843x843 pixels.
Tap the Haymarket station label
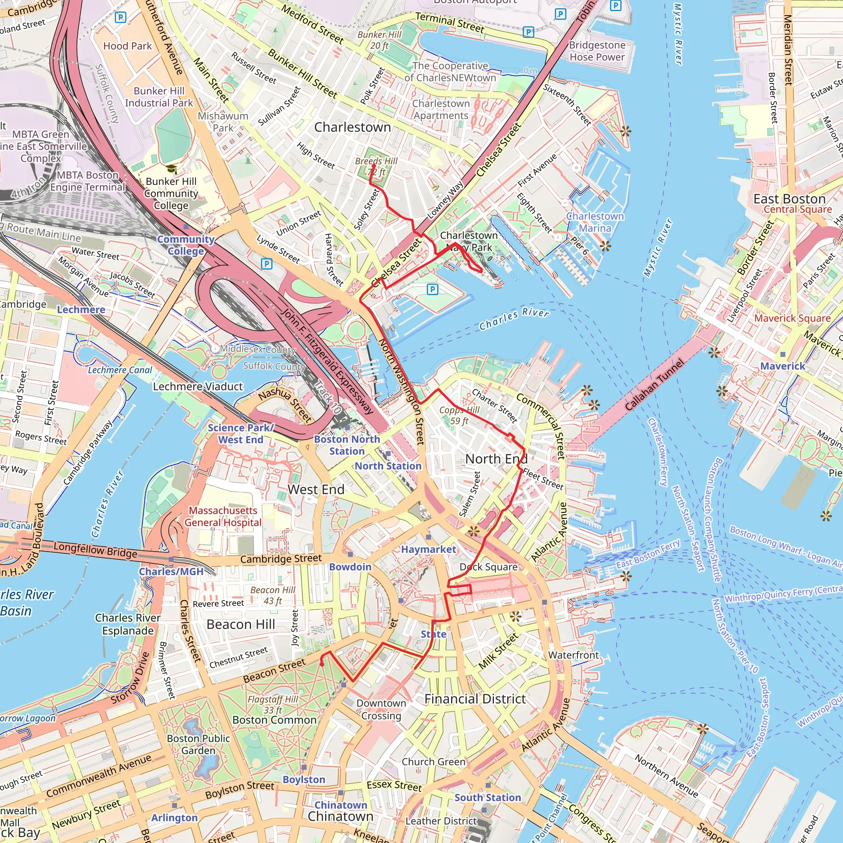[x=428, y=550]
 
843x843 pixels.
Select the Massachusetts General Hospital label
[x=223, y=516]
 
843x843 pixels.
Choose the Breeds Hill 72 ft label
[x=376, y=166]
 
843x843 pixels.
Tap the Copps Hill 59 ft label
[x=459, y=415]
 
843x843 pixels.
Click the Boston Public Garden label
[x=198, y=744]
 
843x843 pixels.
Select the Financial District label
[x=475, y=699]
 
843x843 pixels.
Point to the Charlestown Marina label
[x=595, y=222]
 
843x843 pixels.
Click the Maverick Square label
[x=792, y=318]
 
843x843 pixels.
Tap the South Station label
[x=487, y=798]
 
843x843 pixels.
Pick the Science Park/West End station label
[x=240, y=434]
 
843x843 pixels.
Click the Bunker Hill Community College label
[x=171, y=193]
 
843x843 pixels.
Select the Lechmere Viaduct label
[x=198, y=387]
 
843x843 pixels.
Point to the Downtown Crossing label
[x=381, y=709]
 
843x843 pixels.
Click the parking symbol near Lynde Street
[x=266, y=263]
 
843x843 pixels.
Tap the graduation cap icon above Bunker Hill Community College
[x=172, y=169]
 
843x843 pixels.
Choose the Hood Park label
[x=128, y=46]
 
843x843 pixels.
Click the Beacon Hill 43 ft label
[x=273, y=595]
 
